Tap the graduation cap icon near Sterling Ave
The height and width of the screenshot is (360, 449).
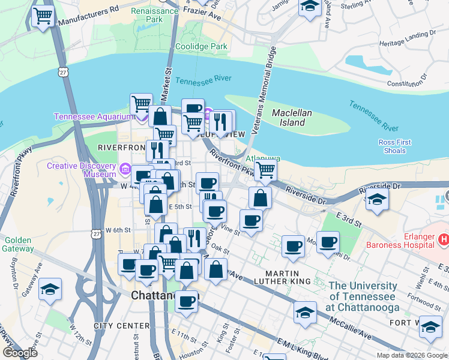tap(310, 7)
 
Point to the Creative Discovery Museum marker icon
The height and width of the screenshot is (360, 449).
tap(125, 169)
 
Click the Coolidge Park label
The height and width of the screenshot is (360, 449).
tap(201, 46)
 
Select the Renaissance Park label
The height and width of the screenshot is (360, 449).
tap(146, 15)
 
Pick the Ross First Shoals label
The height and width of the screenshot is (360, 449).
tap(394, 146)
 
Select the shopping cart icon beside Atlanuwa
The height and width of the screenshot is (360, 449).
tap(265, 169)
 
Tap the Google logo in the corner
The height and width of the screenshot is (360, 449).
tap(20, 353)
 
